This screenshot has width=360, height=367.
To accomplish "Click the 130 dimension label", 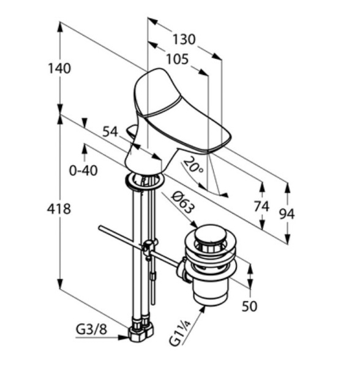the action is [x=184, y=39].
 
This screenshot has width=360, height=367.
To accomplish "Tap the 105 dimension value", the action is [x=178, y=59].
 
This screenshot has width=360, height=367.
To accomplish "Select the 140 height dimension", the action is [x=59, y=69].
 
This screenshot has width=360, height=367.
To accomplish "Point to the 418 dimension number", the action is [x=59, y=209].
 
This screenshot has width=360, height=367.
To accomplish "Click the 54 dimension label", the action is [x=110, y=132].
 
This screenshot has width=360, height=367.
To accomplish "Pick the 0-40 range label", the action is [x=83, y=171].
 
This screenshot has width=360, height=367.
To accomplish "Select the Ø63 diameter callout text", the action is [x=183, y=202].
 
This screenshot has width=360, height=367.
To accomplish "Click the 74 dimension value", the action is [x=261, y=207].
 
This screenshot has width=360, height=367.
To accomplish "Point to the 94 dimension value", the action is [x=287, y=213].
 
